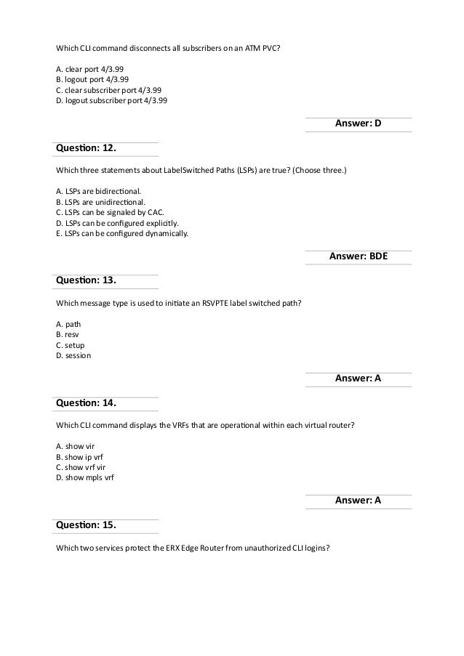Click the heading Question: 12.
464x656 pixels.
[86, 149]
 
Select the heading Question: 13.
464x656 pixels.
[86, 281]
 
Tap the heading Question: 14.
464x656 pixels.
[86, 403]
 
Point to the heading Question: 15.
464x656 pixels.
[86, 525]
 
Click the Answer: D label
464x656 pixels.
[358, 124]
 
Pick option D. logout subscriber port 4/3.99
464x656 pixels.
[111, 101]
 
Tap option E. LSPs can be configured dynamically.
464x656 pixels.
[121, 233]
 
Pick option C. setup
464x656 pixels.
[71, 345]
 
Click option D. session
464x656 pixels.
[73, 355]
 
